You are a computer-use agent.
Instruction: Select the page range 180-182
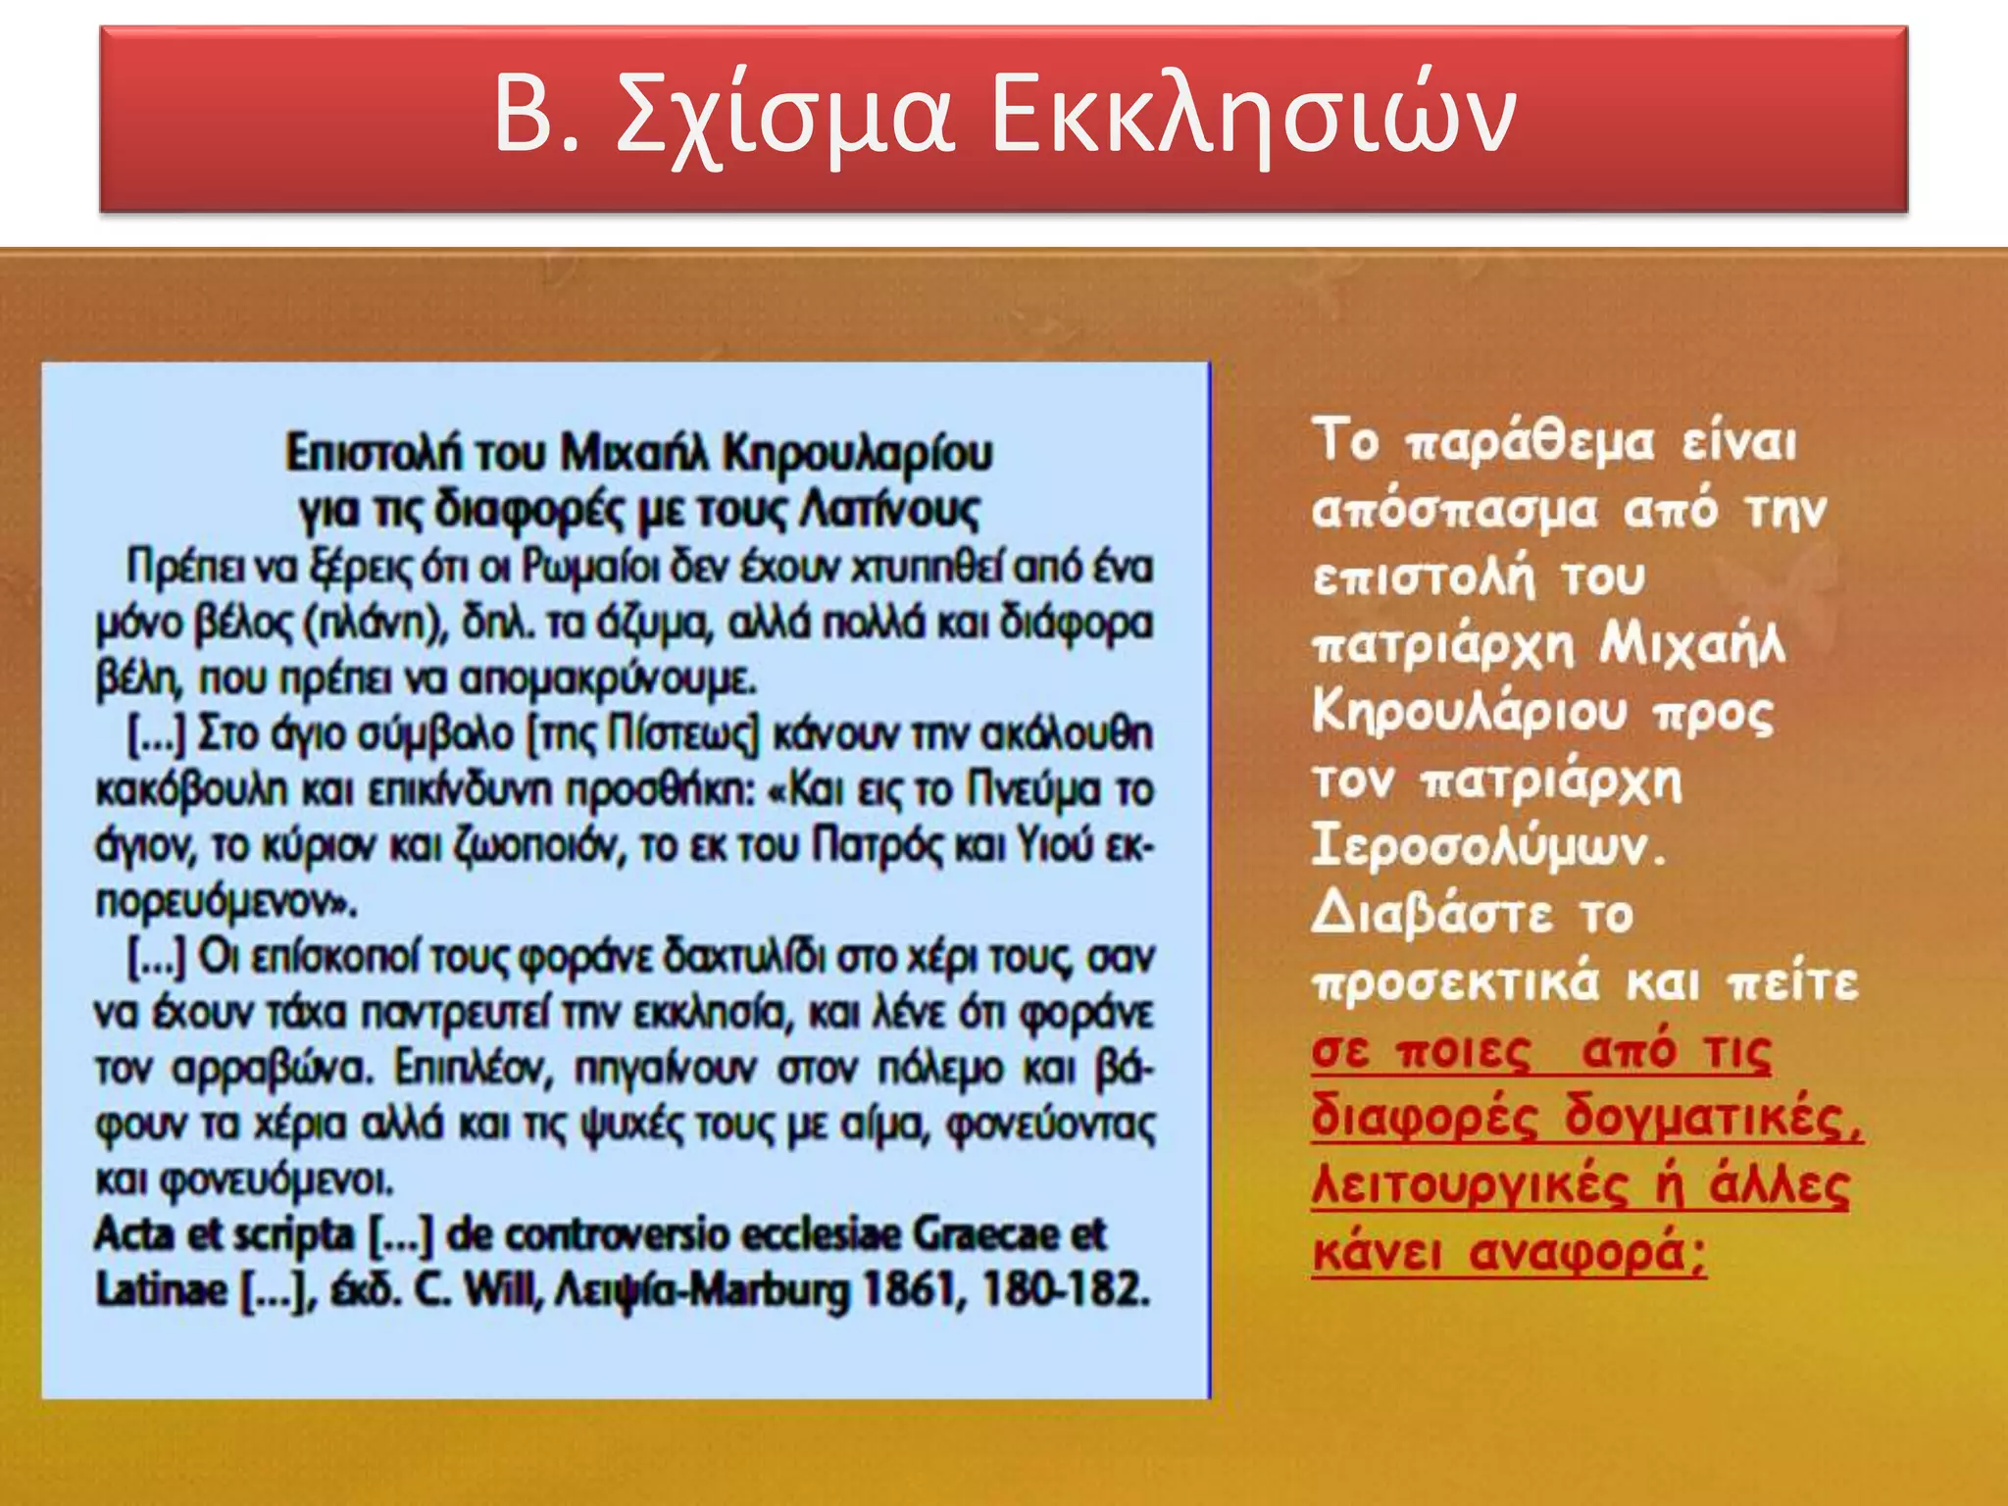[x=1066, y=1290]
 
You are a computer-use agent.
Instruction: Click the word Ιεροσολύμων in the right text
[x=1487, y=847]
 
